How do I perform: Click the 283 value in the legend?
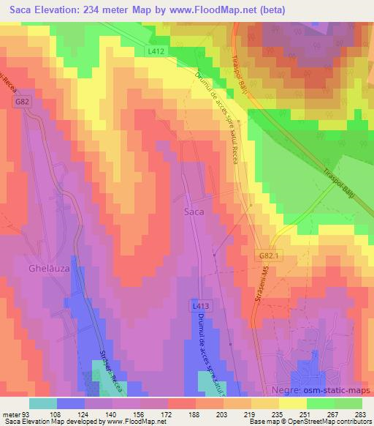point(359,414)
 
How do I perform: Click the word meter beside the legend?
point(9,414)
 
